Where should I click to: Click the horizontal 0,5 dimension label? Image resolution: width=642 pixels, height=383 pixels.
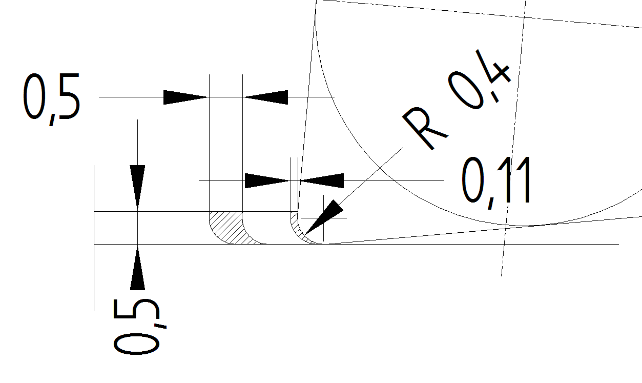point(52,99)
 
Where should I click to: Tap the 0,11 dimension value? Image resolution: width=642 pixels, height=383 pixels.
point(496,183)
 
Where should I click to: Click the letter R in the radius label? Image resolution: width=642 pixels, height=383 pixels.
point(425,128)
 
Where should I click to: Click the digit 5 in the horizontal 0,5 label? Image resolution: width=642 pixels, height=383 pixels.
point(69,96)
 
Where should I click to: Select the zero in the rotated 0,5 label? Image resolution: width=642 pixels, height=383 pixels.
point(136,344)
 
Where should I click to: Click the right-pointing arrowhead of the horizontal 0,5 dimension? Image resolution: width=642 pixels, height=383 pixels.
point(185,97)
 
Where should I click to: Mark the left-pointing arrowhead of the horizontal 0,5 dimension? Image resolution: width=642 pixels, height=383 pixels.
point(266,97)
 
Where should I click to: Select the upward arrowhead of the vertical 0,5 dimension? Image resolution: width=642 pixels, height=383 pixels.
point(137,268)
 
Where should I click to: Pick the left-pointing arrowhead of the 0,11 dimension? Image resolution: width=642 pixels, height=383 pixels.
point(322,181)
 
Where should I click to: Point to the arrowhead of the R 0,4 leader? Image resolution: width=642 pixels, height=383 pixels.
point(324,217)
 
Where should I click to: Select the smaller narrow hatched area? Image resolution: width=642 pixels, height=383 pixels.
point(298,230)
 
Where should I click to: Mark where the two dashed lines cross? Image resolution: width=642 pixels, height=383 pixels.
point(525,17)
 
